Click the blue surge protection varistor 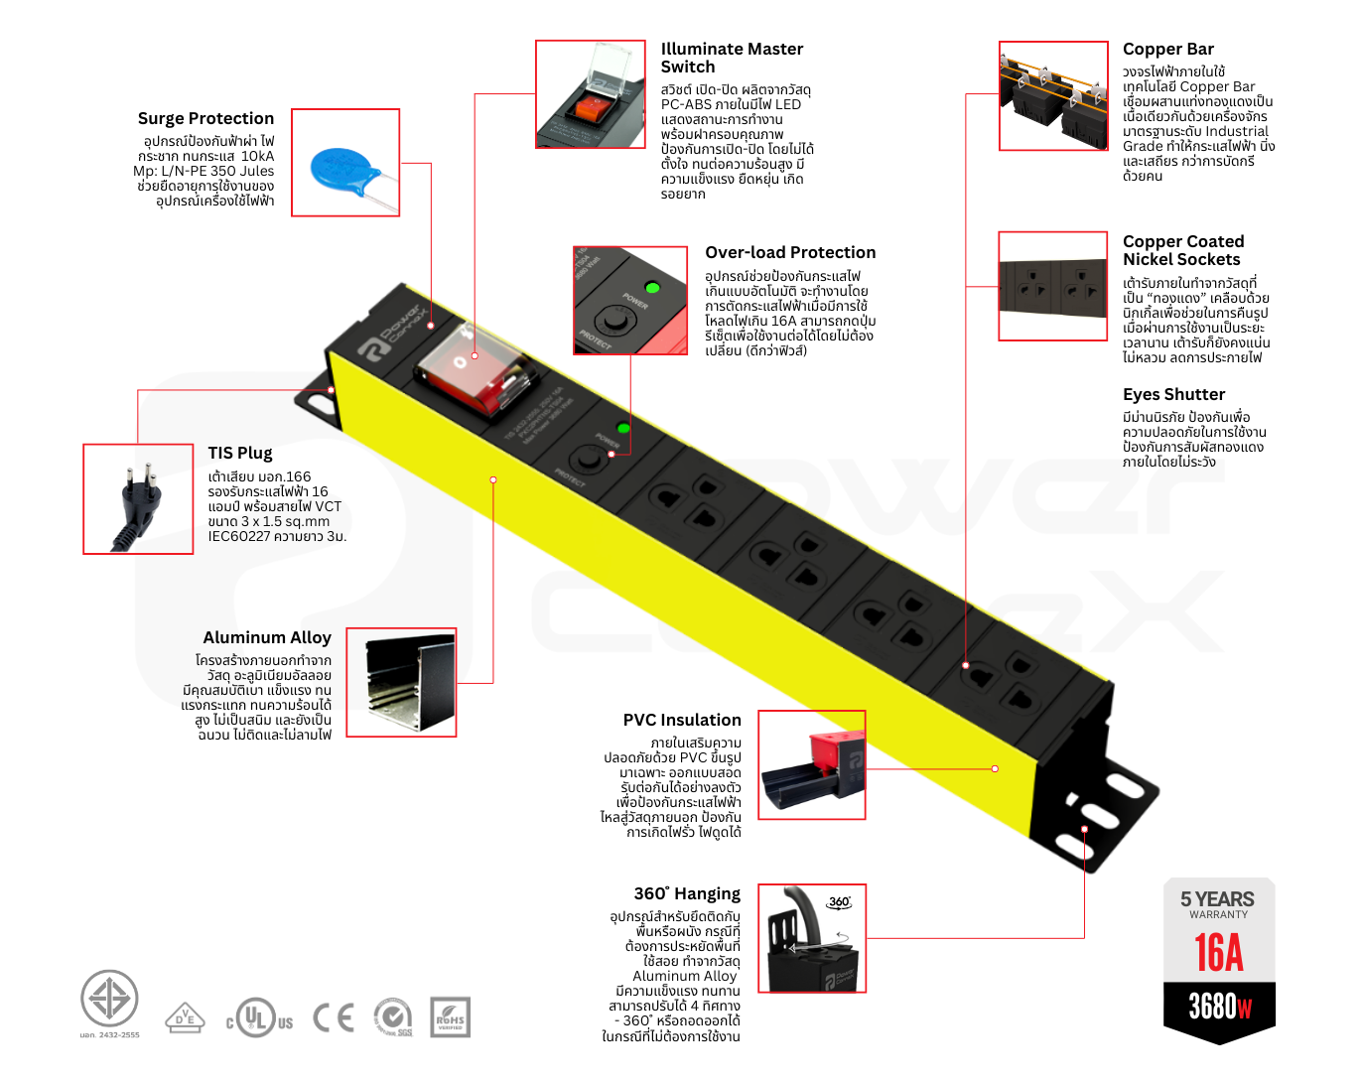[343, 169]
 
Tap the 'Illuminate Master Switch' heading [732, 58]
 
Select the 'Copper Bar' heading [1167, 49]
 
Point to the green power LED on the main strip [622, 428]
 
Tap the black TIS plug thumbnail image [138, 499]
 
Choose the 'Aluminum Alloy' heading [266, 637]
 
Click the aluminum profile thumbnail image [401, 683]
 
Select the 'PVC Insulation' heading [681, 720]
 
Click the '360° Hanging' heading [686, 893]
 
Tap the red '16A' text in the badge [1218, 953]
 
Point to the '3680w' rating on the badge [1219, 1007]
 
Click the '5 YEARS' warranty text [1217, 899]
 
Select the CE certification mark [334, 1017]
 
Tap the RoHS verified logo [450, 1017]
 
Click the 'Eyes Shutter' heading [1173, 394]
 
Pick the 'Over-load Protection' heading [790, 252]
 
